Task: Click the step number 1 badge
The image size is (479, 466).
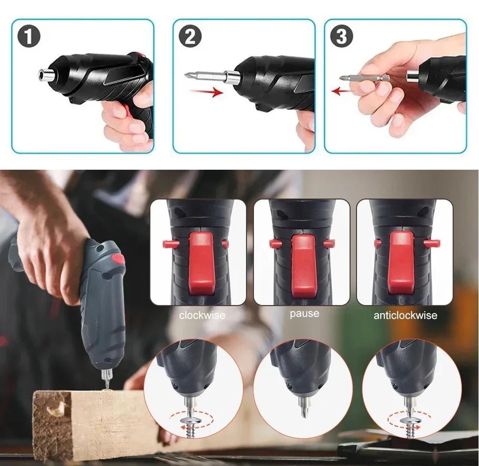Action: coord(29,37)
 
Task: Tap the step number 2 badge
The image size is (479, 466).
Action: coord(190,37)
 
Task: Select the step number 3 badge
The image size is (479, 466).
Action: coord(342,37)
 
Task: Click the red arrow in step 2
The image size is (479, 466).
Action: coord(206,92)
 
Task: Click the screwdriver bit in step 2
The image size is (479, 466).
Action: coord(204,75)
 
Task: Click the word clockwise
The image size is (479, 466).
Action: coord(202,315)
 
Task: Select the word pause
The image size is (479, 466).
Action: coord(304,314)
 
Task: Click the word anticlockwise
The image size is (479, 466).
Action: coord(405,315)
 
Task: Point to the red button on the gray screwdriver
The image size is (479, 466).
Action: coord(118,259)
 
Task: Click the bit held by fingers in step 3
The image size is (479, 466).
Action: coord(364,77)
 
